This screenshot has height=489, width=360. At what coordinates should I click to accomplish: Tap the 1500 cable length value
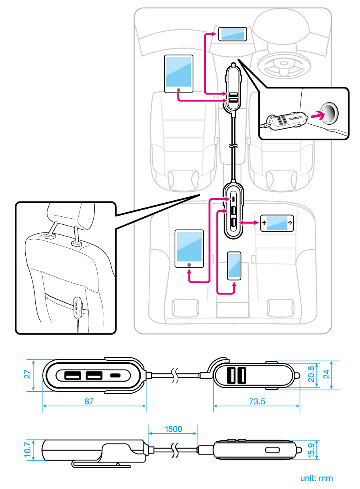[173, 429]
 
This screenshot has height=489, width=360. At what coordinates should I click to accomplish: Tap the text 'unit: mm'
[317, 478]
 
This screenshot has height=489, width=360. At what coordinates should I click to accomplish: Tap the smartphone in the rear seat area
[234, 266]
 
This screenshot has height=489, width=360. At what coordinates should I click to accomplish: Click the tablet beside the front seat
[179, 74]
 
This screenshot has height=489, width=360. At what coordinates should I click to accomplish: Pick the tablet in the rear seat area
[190, 249]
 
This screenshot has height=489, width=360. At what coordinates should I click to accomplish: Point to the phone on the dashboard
[233, 34]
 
